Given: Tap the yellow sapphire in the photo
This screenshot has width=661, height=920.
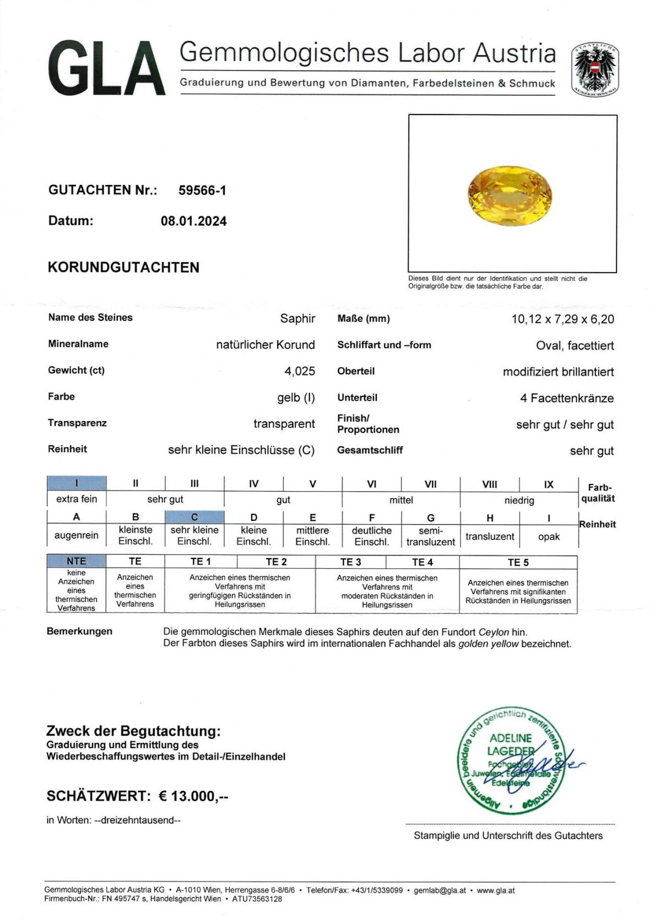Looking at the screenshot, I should tap(510, 195).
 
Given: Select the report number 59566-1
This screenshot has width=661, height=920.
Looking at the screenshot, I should tap(202, 190).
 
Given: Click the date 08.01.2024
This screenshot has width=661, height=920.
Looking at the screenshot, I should tap(193, 221).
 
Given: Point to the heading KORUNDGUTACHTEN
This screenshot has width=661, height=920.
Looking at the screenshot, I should tap(123, 268).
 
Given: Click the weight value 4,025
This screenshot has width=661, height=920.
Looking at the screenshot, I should tap(300, 371).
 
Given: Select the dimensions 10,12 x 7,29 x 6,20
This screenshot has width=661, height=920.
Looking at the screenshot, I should tap(562, 319).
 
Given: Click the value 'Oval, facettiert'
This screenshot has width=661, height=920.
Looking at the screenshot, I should tap(575, 346).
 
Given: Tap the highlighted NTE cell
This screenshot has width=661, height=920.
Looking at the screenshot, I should tap(77, 561).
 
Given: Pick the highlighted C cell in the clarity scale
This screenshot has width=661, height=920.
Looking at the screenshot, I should tap(194, 517).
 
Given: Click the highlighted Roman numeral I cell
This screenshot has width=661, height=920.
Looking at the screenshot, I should tap(77, 483).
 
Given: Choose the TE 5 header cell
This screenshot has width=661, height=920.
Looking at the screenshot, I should tap(518, 562).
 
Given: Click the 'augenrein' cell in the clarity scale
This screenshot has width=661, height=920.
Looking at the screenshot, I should tap(77, 535).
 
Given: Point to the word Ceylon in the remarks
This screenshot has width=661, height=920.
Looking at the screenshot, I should tap(494, 632).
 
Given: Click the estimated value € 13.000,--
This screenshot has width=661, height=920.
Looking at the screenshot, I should tap(193, 796).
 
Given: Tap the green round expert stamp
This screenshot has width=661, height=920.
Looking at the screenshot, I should tap(510, 760).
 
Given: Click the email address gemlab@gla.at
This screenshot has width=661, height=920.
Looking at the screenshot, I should tap(440, 890).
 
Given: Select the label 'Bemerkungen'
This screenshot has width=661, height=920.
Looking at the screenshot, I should tap(79, 632).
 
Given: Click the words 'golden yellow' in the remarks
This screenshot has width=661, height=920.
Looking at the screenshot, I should tap(488, 644).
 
